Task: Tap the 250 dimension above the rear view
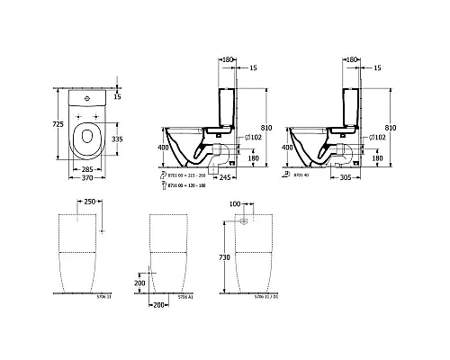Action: point(89,203)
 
